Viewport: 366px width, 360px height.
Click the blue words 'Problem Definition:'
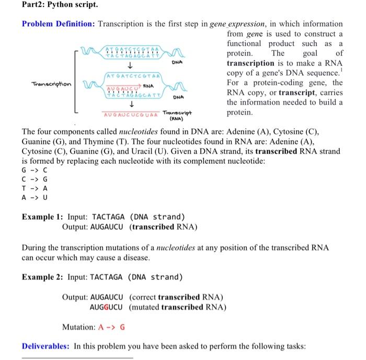tap(59, 24)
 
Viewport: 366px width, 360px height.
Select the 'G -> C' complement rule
tap(35, 170)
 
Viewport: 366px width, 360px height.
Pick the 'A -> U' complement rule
tap(35, 198)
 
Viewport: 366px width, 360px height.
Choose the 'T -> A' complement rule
tap(35, 188)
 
